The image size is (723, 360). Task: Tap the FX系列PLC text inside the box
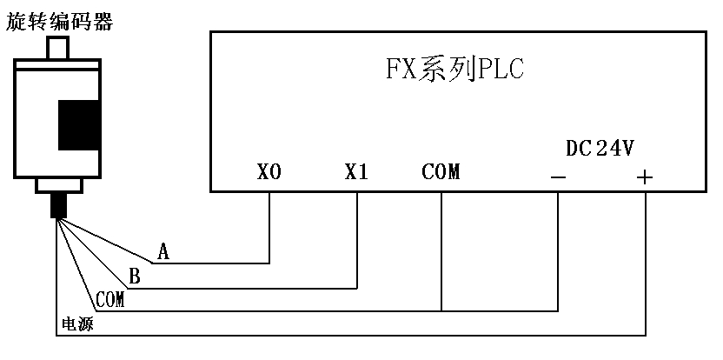tap(454, 70)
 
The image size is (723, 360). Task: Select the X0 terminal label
tap(269, 172)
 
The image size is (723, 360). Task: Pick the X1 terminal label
tap(356, 172)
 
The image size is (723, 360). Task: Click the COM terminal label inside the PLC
tap(441, 172)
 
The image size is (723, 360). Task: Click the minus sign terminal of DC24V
tap(558, 178)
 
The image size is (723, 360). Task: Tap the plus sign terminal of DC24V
tap(644, 177)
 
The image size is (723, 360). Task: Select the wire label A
tap(163, 252)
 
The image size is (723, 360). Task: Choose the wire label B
tap(135, 277)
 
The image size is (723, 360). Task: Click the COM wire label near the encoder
tap(110, 300)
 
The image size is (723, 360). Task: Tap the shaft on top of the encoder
tap(59, 46)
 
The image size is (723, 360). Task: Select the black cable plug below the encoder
tap(59, 205)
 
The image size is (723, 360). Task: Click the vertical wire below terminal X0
tap(269, 226)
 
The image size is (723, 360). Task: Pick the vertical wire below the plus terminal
tap(645, 261)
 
